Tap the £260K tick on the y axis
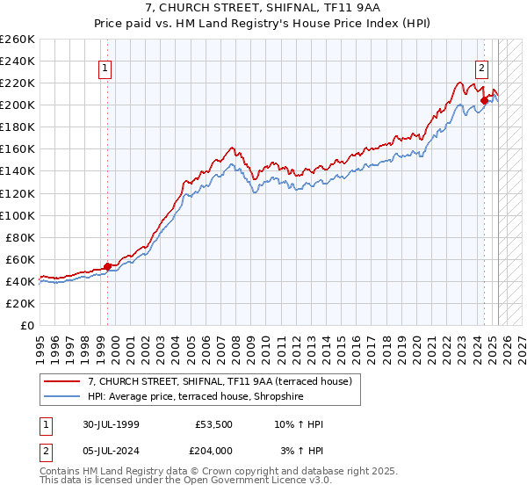coord(17,40)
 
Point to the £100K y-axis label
coord(17,215)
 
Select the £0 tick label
coord(27,325)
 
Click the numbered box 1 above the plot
coord(105,67)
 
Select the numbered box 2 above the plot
coord(482,67)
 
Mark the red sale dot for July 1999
coord(108,266)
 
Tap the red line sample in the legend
coord(62,381)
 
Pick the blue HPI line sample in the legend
coord(62,395)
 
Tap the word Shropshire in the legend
coord(301,395)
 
